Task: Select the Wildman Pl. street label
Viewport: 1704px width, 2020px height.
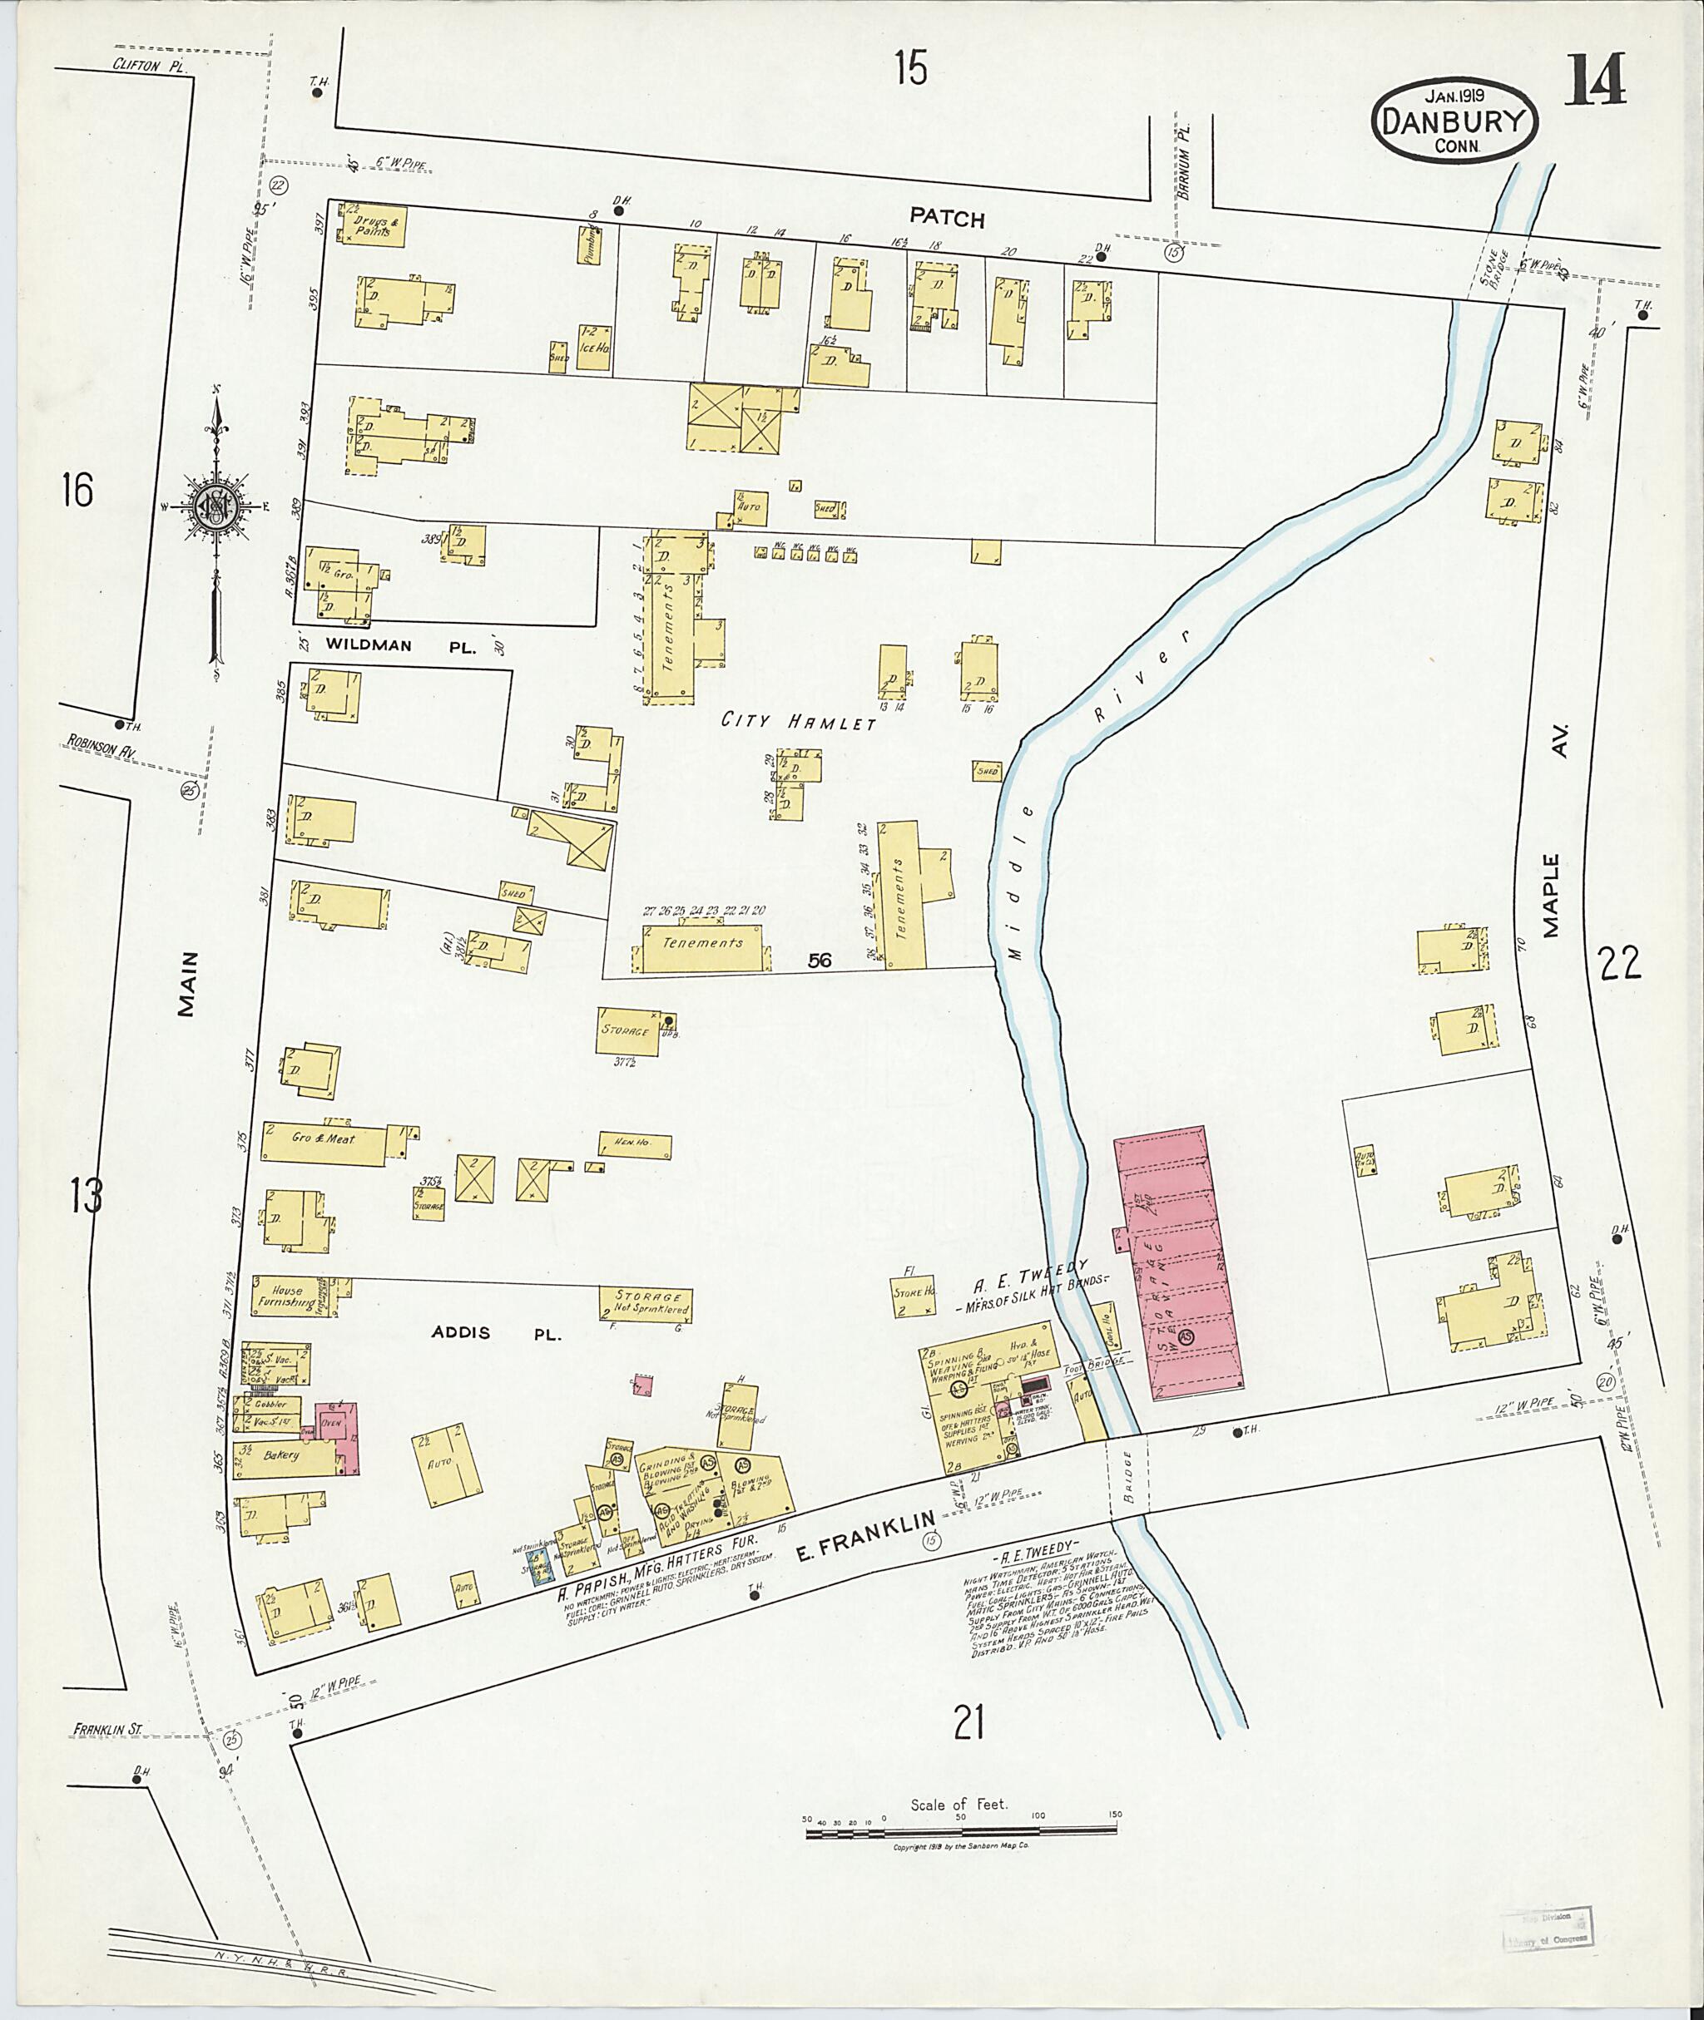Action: (x=401, y=646)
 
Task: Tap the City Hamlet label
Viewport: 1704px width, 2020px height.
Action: (x=800, y=721)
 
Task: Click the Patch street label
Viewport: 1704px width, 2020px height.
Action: (x=947, y=218)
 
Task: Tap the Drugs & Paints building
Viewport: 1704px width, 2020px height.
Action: (x=373, y=225)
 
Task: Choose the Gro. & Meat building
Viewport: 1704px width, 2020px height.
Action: (x=324, y=1139)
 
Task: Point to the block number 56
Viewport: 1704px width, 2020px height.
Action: (x=820, y=960)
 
